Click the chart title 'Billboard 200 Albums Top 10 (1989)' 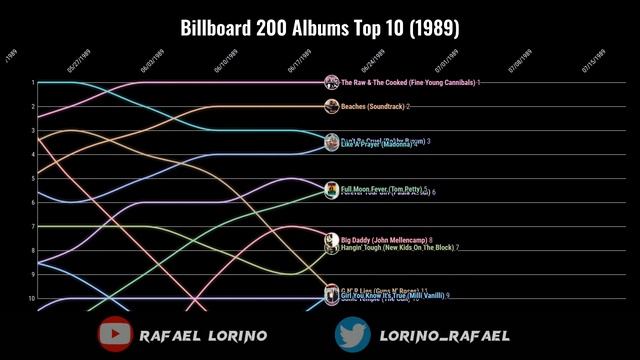point(320,27)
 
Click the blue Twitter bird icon point(352,335)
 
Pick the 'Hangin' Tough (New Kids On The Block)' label point(397,248)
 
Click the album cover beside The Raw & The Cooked point(331,82)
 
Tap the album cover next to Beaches point(331,106)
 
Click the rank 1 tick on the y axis point(33,83)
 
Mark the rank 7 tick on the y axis point(33,226)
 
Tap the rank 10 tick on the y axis point(32,298)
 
